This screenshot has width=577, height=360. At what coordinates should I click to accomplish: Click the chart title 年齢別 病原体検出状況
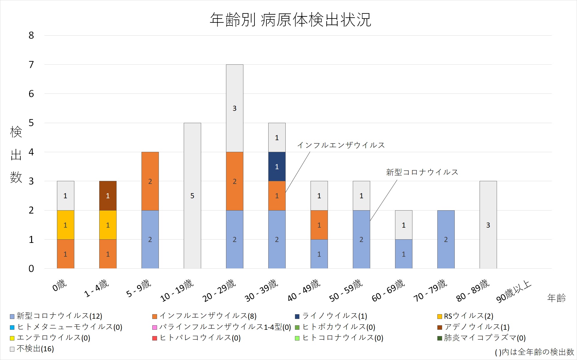point(290,20)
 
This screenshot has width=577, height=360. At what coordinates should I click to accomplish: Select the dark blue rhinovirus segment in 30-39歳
point(277,167)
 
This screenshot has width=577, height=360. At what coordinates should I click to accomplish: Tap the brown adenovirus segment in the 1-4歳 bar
point(108,196)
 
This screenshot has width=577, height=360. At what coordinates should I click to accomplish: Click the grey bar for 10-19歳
point(192,196)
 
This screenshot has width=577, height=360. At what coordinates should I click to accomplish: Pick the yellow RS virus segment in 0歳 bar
point(65,225)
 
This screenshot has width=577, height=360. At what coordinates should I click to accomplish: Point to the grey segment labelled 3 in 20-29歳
point(234,108)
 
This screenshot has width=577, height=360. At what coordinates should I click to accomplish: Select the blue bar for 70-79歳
point(446,239)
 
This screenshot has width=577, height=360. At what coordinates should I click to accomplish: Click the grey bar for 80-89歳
point(488,225)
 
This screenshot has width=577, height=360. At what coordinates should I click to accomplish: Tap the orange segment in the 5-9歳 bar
point(150,181)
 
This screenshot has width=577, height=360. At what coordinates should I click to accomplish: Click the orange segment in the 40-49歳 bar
point(319,225)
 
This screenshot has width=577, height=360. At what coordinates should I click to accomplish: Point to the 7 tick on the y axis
point(31,65)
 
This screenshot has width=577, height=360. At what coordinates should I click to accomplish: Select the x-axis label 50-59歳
point(346,291)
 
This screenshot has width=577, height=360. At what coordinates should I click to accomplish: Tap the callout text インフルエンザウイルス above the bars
point(341,145)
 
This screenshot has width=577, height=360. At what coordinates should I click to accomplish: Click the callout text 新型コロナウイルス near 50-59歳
point(422,172)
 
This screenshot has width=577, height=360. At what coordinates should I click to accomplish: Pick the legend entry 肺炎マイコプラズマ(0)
point(484,338)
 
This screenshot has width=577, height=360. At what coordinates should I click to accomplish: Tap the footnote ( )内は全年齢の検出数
point(534,352)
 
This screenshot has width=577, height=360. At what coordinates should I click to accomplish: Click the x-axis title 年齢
point(556,298)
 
